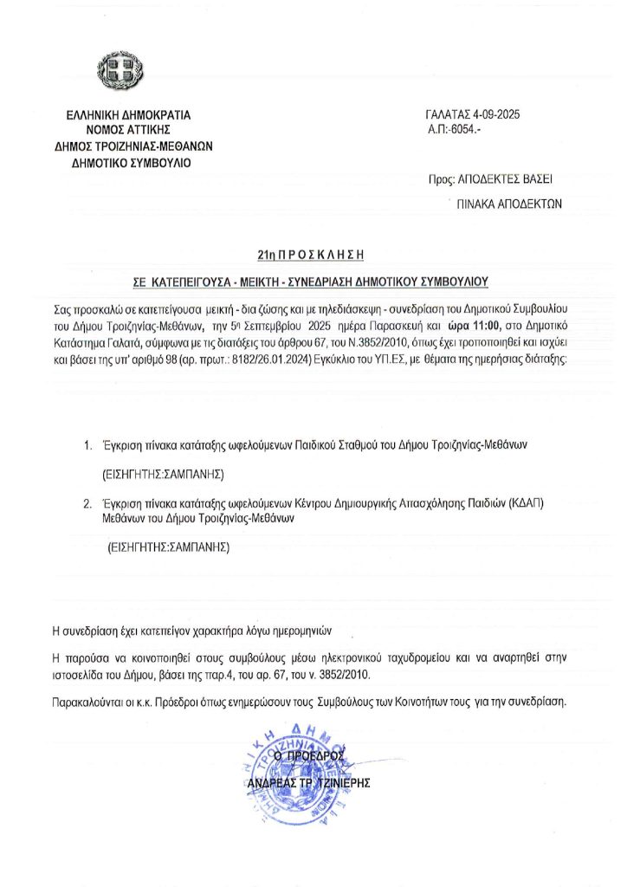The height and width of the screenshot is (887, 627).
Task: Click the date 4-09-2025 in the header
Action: point(495,114)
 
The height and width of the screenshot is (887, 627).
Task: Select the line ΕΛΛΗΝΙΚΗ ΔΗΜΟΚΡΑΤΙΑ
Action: point(128,114)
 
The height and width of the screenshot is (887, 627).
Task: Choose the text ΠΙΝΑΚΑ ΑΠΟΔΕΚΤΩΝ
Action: point(510,204)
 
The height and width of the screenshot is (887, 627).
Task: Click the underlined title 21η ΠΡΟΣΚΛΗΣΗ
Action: point(307,255)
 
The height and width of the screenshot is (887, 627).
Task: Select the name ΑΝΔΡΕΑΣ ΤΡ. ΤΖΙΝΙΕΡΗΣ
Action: point(308,782)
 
